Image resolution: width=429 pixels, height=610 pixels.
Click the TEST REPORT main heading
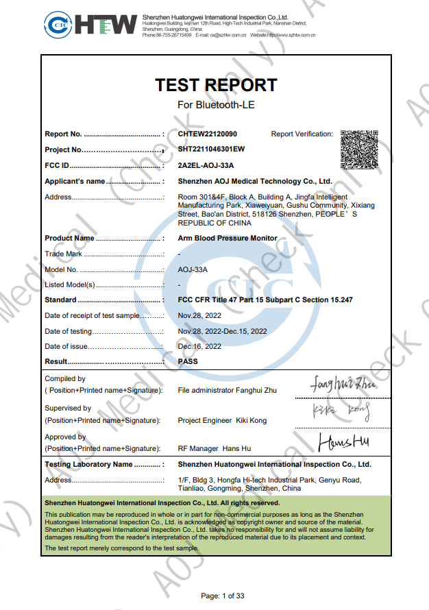coord(216,85)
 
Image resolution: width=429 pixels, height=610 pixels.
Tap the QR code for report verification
coord(358,148)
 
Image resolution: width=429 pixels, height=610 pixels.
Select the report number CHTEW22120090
coord(207,134)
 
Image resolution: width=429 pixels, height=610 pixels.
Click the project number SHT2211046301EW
coord(211,149)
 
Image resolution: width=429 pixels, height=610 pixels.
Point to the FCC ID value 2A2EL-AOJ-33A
coord(206,165)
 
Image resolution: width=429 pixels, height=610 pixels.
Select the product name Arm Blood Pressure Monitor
coord(228,239)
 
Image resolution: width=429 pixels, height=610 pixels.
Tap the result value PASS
coord(188,361)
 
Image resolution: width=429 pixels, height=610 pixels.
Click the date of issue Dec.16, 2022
coord(199,346)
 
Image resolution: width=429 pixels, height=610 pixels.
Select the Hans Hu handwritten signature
coord(344,442)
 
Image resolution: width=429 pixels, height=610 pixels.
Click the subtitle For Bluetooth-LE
coord(216,105)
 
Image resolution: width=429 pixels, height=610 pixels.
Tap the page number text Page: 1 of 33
coord(222,596)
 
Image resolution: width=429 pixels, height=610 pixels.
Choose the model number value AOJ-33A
coord(193,269)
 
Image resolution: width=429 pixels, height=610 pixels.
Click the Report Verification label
coord(302,134)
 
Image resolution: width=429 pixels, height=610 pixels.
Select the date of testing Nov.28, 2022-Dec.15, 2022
coord(222,331)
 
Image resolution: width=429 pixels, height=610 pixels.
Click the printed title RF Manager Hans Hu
coord(214,448)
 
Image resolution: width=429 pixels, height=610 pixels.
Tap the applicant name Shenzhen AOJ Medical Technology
coord(255,182)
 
